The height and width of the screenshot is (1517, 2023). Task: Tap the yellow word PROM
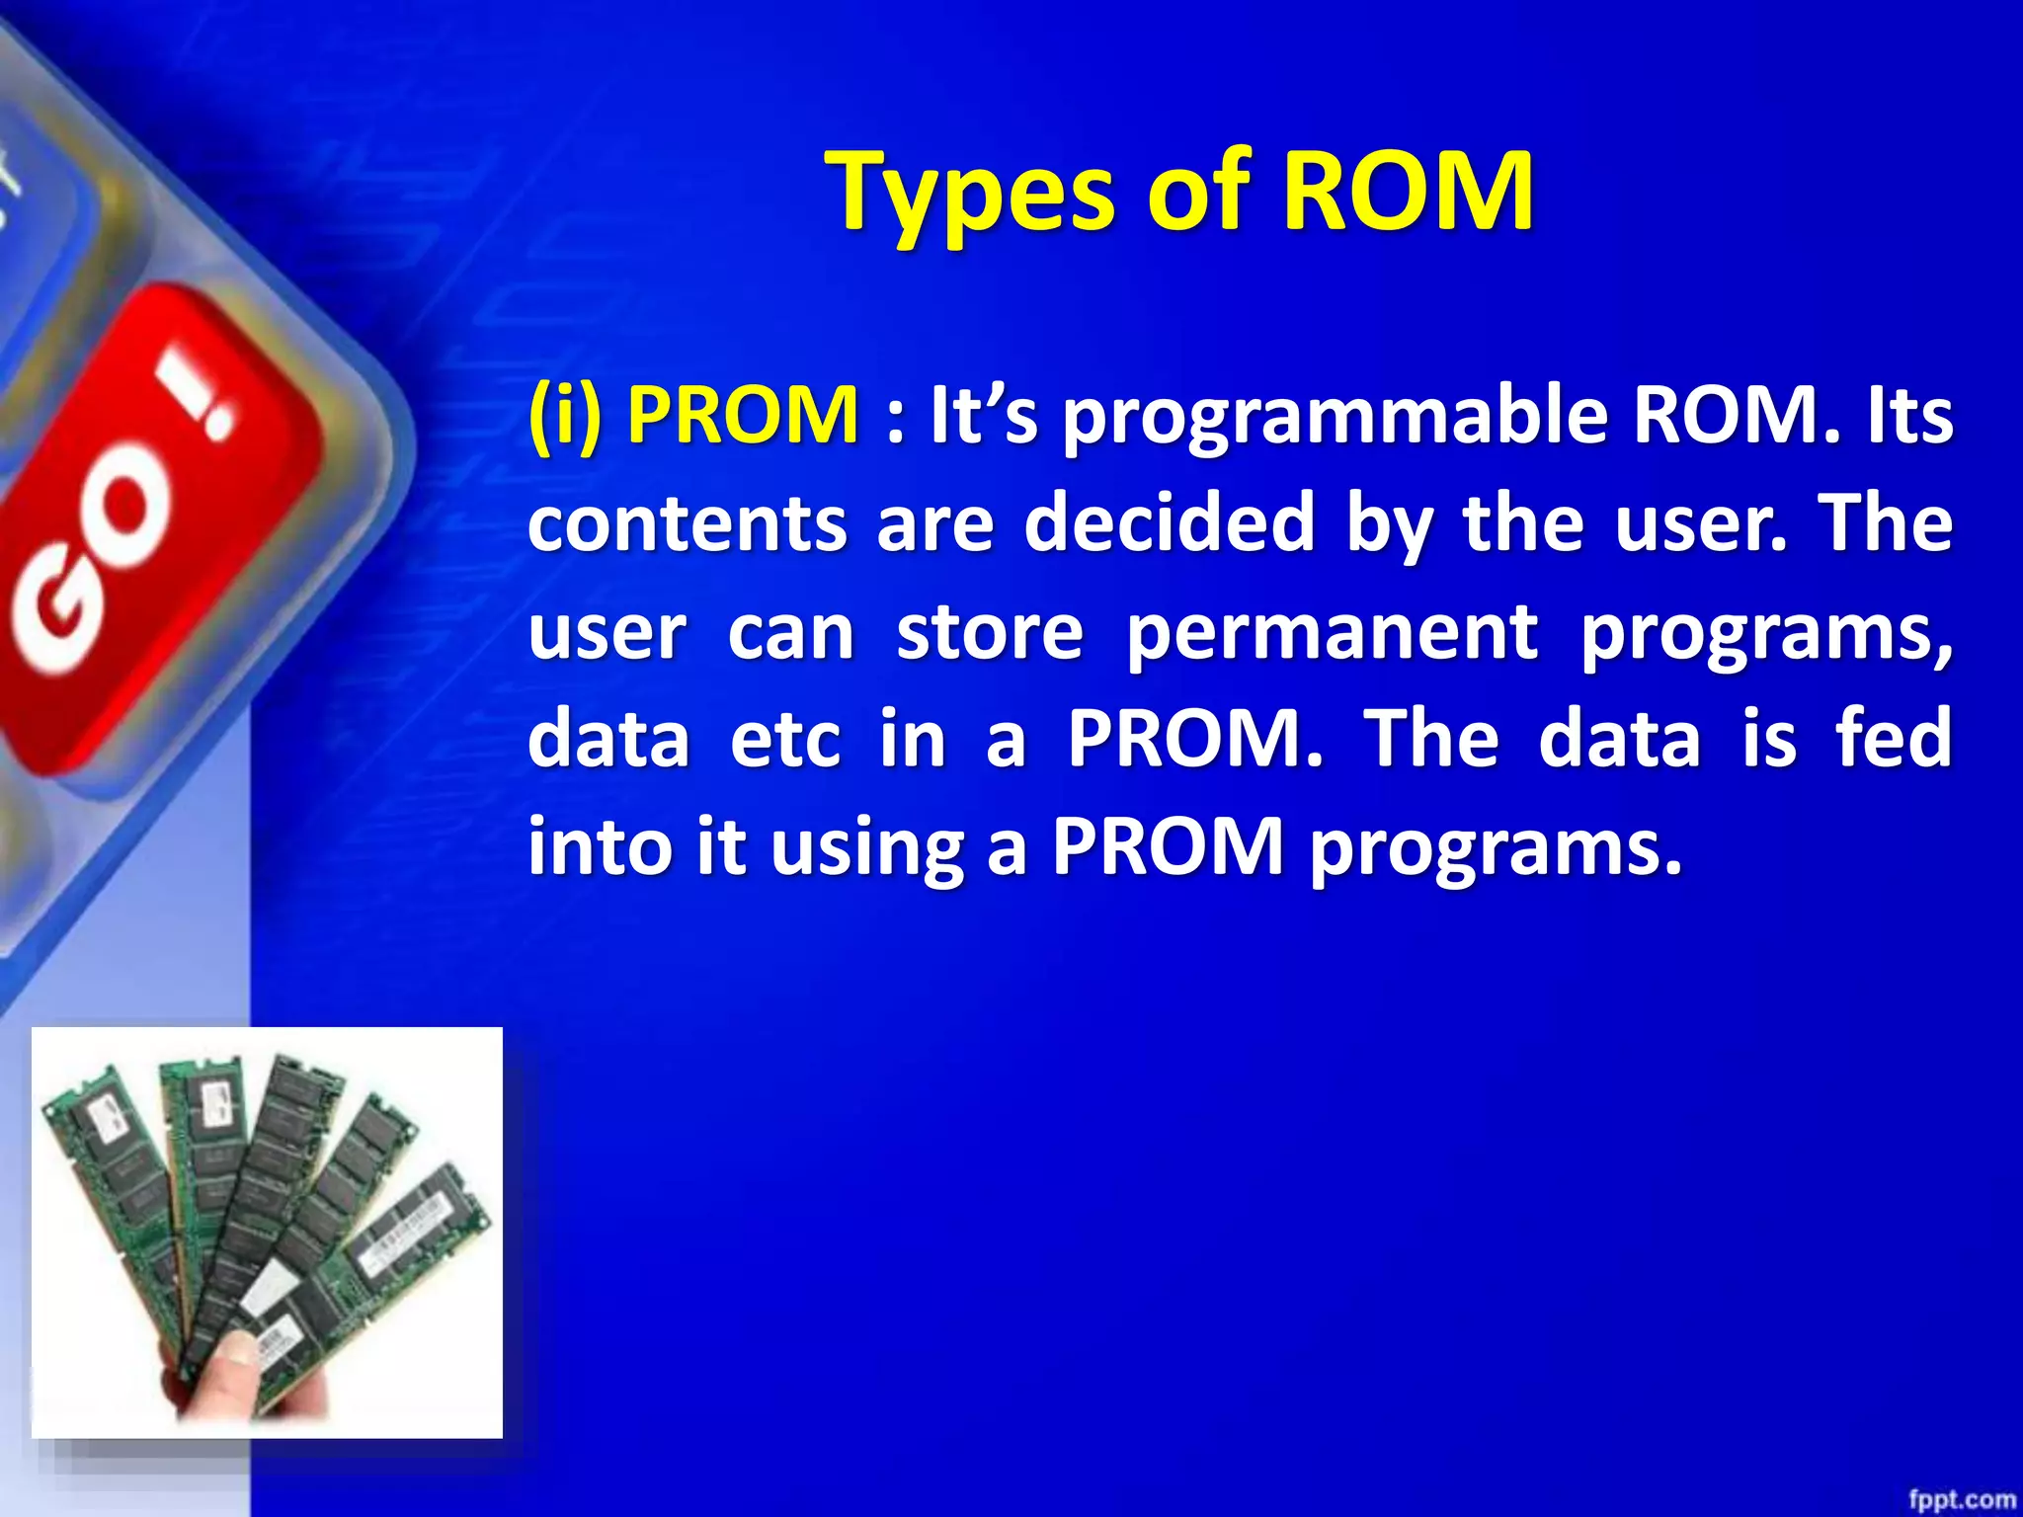coord(743,415)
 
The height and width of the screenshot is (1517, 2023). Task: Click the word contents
coord(687,523)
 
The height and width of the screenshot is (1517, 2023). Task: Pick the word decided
coord(1170,523)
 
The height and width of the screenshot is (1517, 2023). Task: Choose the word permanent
coord(1332,632)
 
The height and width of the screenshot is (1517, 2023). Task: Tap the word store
coord(990,632)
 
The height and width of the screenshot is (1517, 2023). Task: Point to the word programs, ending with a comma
coord(1766,634)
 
